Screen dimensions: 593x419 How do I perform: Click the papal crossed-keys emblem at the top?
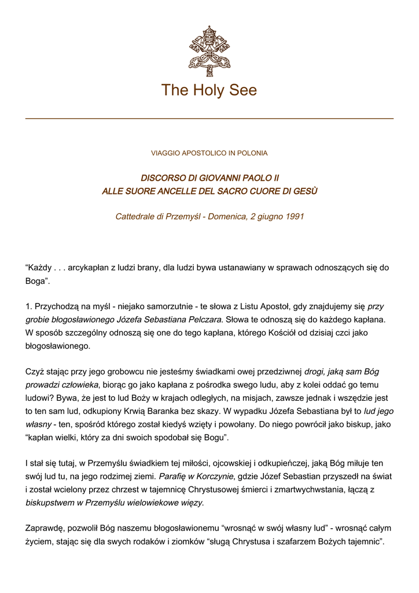pos(209,51)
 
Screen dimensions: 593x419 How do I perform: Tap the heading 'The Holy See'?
pos(209,90)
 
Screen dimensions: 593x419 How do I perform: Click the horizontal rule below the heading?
pos(209,118)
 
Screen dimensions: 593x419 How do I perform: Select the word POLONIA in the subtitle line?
pos(252,153)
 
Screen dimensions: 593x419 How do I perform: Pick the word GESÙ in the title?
pos(304,191)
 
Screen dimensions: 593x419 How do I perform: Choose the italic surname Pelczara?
pos(204,319)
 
